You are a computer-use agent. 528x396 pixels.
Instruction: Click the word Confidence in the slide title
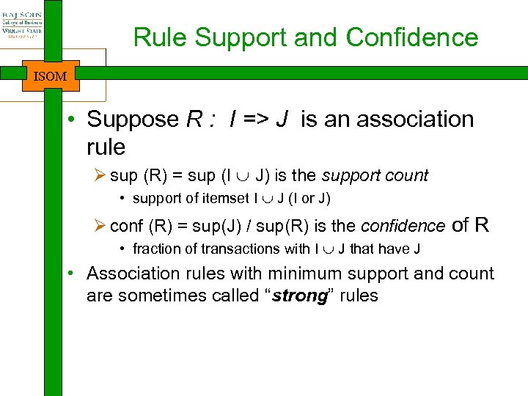click(x=412, y=37)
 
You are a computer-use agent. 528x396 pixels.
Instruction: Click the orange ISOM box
click(x=51, y=76)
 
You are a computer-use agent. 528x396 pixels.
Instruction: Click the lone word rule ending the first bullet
click(x=106, y=147)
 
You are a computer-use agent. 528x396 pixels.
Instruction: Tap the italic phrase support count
click(x=375, y=176)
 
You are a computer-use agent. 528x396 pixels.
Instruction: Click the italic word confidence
click(x=403, y=227)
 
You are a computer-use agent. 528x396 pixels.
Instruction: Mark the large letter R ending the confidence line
click(x=480, y=225)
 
